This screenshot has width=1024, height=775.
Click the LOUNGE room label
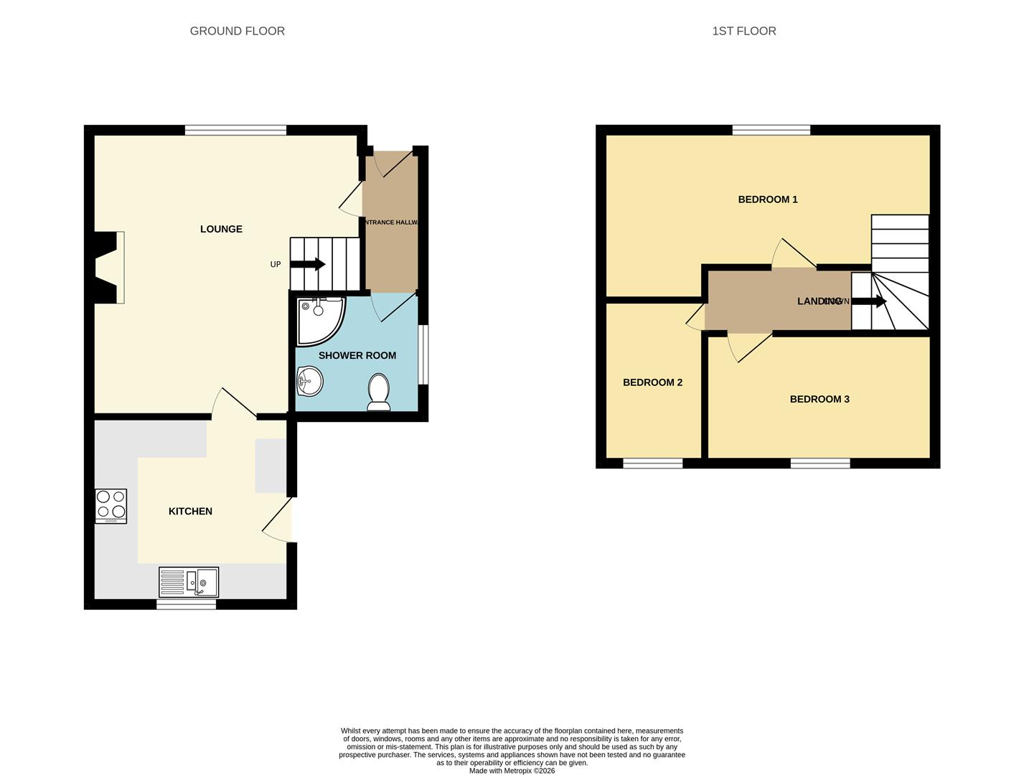point(221,229)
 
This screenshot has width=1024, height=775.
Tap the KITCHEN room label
point(190,511)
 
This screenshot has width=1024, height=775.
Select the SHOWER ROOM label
point(357,355)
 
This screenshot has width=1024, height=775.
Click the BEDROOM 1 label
point(767,199)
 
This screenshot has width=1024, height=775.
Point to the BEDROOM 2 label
point(652,382)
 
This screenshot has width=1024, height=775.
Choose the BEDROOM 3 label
point(819,399)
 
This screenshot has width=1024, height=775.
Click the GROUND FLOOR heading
point(237,31)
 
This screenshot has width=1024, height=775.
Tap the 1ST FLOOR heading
point(743,31)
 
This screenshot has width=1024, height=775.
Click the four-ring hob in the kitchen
point(111,506)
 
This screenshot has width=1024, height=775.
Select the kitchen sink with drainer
point(189,582)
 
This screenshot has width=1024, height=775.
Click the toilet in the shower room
point(379,392)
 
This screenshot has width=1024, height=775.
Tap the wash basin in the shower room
point(309,380)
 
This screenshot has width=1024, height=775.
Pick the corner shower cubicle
point(319,319)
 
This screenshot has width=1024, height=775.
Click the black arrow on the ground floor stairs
point(307,264)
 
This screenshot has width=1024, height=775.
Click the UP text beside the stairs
point(276,265)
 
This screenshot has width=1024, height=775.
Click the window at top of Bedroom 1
point(771,130)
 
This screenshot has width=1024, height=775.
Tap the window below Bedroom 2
point(652,464)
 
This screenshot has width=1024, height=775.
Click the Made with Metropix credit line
point(512,771)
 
